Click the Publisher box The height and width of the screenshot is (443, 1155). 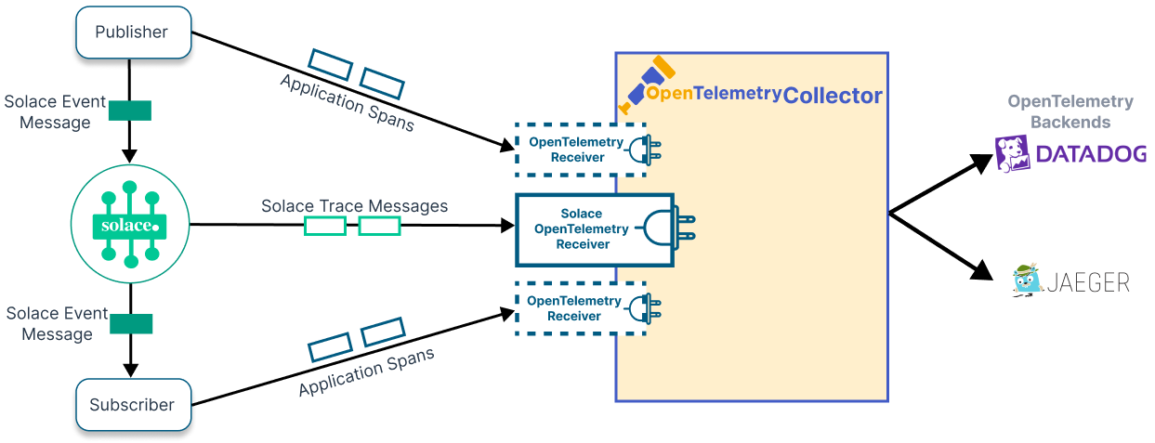(x=132, y=32)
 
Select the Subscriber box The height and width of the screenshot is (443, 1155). (x=131, y=405)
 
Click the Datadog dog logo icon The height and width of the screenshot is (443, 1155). (x=1013, y=154)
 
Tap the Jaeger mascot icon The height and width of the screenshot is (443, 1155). (x=1027, y=280)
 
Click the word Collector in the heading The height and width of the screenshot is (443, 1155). (x=832, y=96)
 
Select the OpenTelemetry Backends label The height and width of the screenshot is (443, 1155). (x=1070, y=111)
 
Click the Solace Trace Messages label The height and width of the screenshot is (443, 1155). (x=354, y=205)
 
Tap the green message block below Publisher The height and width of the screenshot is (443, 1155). (x=130, y=111)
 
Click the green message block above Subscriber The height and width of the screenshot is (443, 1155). (x=130, y=324)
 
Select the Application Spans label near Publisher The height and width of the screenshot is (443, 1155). (x=347, y=102)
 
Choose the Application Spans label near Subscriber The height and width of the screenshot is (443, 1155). (x=366, y=372)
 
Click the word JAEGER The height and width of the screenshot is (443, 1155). (x=1087, y=281)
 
